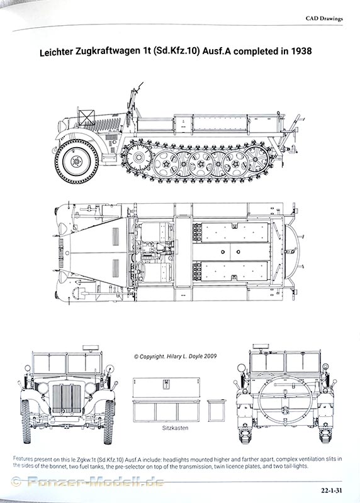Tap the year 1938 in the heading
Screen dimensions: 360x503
301,51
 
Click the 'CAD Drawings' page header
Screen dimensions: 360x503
324,18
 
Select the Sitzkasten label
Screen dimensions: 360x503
175,428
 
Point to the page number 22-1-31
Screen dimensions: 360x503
331,490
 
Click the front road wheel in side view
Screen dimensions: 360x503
76,162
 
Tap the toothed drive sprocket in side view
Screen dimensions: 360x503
138,157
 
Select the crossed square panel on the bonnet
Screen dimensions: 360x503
87,118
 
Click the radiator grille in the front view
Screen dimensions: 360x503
67,399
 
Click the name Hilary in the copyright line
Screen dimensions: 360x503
176,356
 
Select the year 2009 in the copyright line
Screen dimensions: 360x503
210,356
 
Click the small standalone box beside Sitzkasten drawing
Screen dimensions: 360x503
216,411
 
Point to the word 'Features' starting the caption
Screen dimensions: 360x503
23,459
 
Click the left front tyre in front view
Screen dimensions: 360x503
26,421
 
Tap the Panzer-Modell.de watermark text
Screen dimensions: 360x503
96,482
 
